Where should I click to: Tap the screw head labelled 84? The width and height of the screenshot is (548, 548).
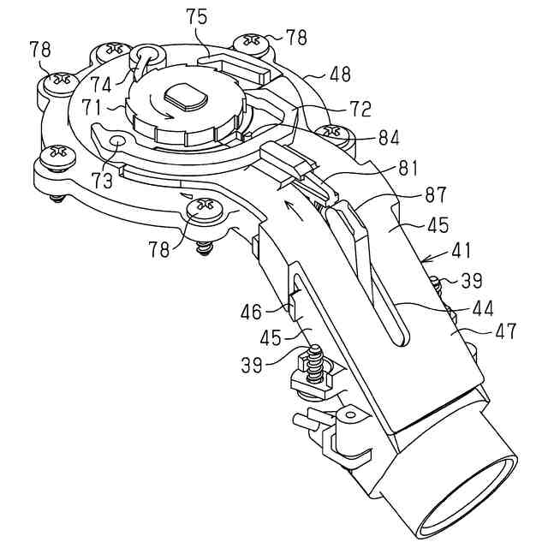[332, 134]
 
